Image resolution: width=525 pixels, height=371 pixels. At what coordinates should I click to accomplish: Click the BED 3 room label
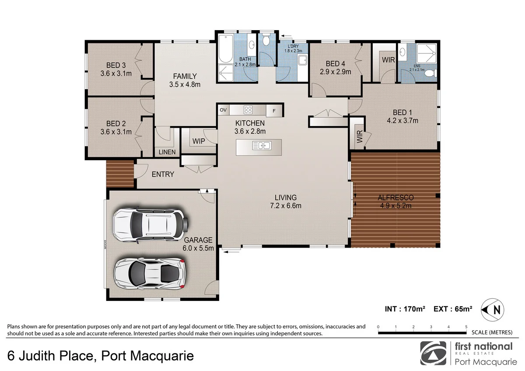click(116, 65)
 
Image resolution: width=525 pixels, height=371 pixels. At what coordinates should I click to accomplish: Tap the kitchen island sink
click(262, 146)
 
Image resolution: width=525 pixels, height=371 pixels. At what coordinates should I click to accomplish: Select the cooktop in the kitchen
click(248, 110)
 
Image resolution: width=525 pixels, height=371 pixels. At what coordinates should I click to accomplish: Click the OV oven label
click(223, 110)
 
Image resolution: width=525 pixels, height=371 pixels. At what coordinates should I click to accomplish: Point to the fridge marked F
click(274, 111)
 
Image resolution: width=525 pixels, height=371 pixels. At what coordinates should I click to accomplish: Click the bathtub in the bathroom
click(225, 49)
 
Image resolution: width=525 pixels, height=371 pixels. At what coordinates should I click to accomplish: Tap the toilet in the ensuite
click(431, 73)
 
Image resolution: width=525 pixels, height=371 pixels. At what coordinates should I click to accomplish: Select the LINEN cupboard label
click(167, 152)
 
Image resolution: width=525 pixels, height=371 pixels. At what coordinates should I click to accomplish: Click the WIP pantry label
click(199, 141)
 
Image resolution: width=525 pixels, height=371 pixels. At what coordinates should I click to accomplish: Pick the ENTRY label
click(163, 174)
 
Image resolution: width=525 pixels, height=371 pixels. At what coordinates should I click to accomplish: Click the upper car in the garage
click(150, 224)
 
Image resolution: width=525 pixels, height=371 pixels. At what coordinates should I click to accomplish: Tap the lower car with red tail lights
click(150, 273)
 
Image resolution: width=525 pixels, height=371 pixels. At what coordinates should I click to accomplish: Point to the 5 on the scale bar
click(466, 327)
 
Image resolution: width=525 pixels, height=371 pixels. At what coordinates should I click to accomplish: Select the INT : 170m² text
click(405, 309)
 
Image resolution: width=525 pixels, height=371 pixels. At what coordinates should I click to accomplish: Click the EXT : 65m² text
click(453, 309)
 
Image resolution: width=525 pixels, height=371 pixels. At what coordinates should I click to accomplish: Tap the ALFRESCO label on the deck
click(395, 197)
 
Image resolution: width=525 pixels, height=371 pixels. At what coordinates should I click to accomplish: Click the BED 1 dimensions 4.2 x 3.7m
click(402, 120)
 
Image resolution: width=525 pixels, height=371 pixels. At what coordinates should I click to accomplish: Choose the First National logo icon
click(433, 353)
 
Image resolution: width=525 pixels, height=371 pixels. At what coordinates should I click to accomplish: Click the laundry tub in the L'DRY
click(303, 60)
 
